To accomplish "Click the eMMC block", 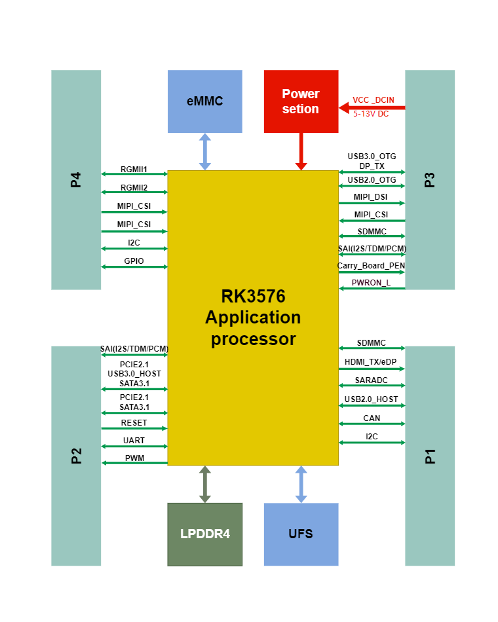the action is tap(205, 101).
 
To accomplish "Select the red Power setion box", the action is tap(301, 101).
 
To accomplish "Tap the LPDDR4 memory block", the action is tap(205, 534).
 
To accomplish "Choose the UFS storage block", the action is tap(301, 534).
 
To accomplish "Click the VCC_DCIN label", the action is tap(373, 100).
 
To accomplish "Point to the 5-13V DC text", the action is tap(371, 114).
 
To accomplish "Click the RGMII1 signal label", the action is tap(134, 170).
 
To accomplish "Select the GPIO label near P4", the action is tap(134, 261).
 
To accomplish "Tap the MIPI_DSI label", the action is tap(370, 197).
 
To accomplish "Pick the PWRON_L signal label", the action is tap(371, 282).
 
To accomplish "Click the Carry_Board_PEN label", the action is tap(371, 266).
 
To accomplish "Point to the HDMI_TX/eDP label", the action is tap(370, 362).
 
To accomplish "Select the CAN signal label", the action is tap(372, 418).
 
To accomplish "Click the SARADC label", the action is tap(372, 380).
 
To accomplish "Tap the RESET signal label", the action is tap(134, 423).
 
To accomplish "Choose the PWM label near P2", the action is tap(134, 458).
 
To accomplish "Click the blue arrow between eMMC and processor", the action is tap(205, 151).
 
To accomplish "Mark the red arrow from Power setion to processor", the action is tap(301, 151).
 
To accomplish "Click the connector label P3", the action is tap(430, 179).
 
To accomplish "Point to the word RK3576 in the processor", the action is tap(253, 297).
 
